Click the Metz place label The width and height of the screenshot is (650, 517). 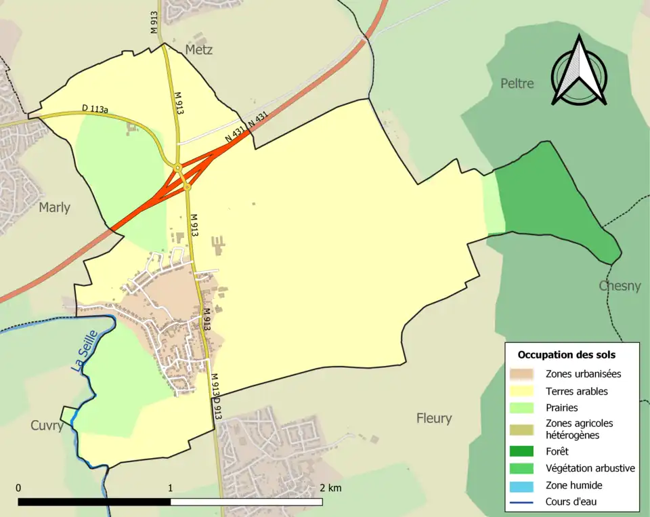click(198, 50)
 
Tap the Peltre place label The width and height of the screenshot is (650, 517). click(517, 83)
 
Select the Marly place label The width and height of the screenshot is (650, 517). click(54, 207)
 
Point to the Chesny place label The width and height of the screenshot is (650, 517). click(620, 286)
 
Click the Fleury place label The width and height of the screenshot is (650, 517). click(434, 418)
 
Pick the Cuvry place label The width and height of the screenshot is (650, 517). click(47, 426)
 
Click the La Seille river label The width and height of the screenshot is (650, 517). click(85, 350)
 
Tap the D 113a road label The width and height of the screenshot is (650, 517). click(95, 108)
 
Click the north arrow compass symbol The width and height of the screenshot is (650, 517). click(578, 71)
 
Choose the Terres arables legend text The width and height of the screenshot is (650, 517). click(576, 391)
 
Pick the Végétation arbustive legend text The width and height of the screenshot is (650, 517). click(590, 468)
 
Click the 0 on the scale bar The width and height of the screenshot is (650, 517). click(18, 488)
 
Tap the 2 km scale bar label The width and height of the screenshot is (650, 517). click(330, 488)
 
